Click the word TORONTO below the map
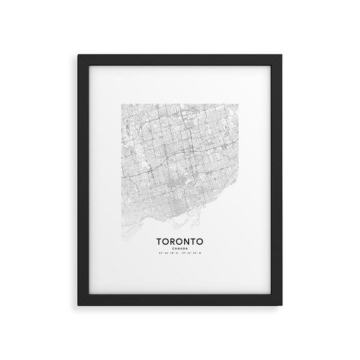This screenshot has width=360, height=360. (x=179, y=241)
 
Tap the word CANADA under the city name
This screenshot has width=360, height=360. (x=179, y=248)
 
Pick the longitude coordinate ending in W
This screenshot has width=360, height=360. (x=194, y=253)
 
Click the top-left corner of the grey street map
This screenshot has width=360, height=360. (x=121, y=104)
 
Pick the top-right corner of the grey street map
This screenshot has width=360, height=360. (x=238, y=104)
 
